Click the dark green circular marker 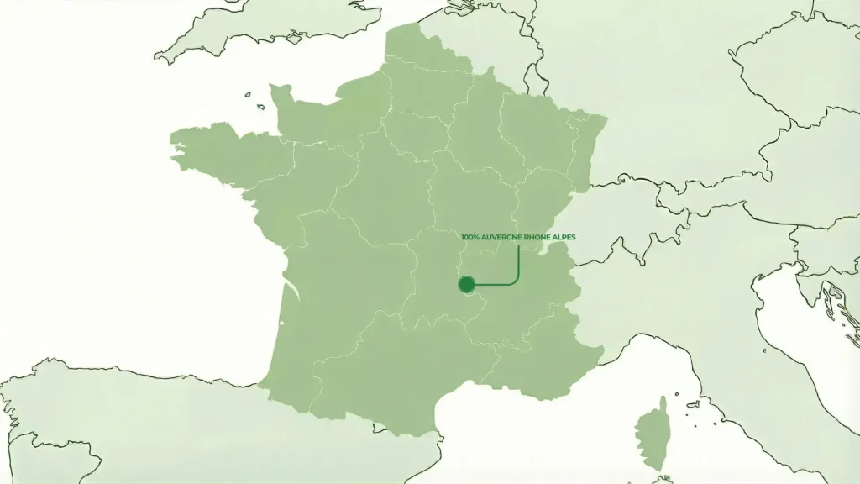point(467,285)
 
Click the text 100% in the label point(469,238)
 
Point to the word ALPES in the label point(566,238)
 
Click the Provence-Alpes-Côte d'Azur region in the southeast point(546,353)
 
